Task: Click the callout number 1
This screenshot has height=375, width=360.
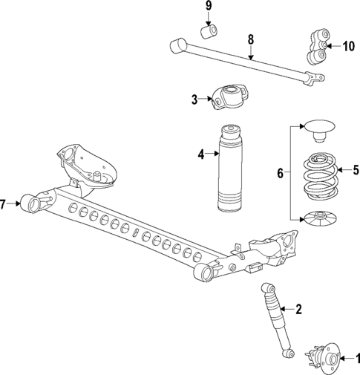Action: click(355, 357)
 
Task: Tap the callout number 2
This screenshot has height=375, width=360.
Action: click(298, 310)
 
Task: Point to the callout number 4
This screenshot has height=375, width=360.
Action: click(200, 154)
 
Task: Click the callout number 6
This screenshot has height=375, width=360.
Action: click(280, 173)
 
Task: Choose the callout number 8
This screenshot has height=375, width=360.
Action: click(251, 39)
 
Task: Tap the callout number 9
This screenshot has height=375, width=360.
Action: click(209, 7)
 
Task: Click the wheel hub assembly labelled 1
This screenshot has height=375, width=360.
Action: click(324, 358)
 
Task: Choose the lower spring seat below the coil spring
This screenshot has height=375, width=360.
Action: click(318, 218)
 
